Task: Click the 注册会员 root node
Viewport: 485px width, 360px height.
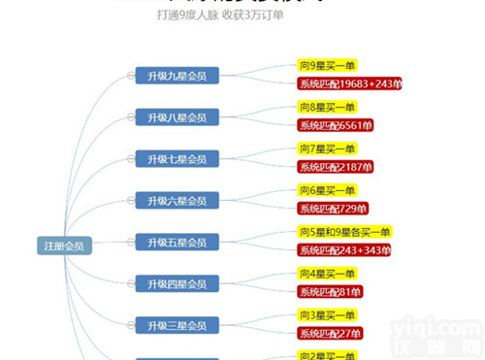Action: pyautogui.click(x=63, y=245)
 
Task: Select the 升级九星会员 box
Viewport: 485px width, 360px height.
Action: pyautogui.click(x=177, y=77)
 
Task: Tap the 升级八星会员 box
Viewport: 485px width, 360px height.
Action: pyautogui.click(x=177, y=117)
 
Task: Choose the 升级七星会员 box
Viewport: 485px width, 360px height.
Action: pyautogui.click(x=177, y=159)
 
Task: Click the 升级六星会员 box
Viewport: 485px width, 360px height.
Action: pyautogui.click(x=177, y=201)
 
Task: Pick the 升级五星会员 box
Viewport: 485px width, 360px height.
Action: pyautogui.click(x=177, y=242)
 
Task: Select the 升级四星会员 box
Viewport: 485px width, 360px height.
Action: pyautogui.click(x=177, y=283)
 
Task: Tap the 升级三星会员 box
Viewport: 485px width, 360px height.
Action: pyautogui.click(x=177, y=324)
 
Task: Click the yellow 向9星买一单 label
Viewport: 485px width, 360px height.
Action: pyautogui.click(x=327, y=65)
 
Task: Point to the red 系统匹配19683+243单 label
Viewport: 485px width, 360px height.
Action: pyautogui.click(x=348, y=83)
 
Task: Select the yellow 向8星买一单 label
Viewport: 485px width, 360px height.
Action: pyautogui.click(x=327, y=107)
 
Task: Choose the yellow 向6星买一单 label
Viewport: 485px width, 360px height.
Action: pyautogui.click(x=327, y=190)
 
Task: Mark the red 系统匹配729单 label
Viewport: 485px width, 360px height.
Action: pyautogui.click(x=333, y=209)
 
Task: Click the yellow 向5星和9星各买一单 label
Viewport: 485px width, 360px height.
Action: pyautogui.click(x=343, y=232)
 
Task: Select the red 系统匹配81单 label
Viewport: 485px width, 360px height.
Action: pyautogui.click(x=330, y=292)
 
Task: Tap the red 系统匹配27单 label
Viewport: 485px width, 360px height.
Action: pyautogui.click(x=330, y=334)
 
